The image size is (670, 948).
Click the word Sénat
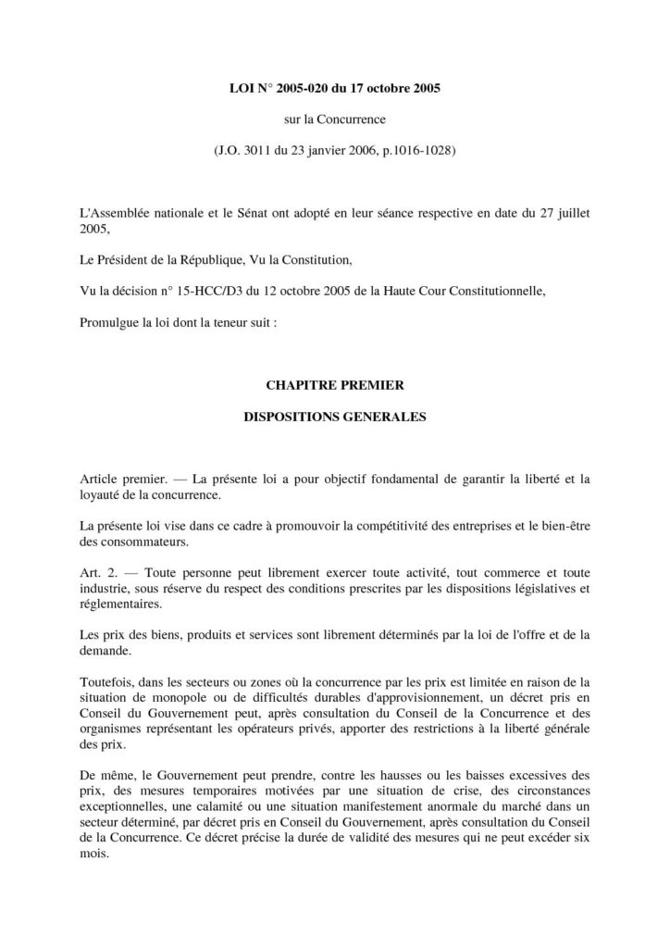point(248,212)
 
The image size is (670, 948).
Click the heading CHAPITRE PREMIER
point(334,383)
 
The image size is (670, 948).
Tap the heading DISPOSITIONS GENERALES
point(334,416)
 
